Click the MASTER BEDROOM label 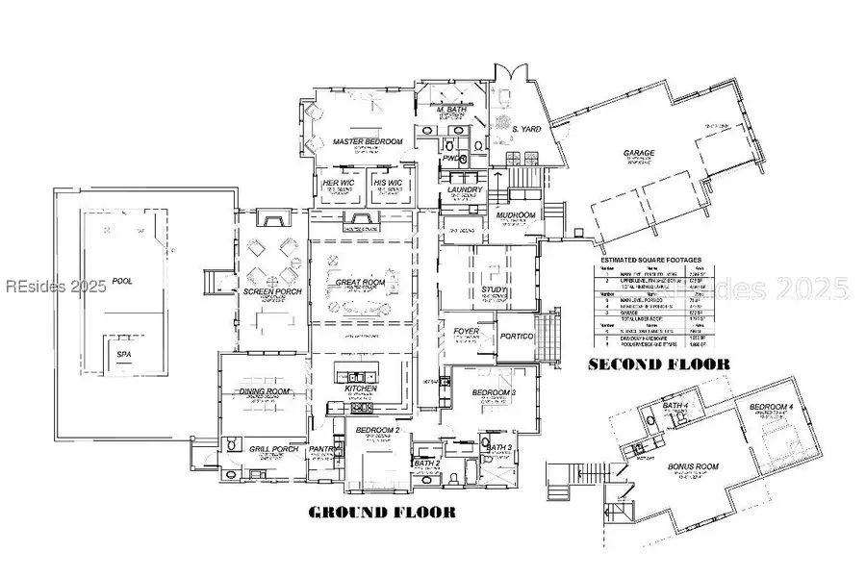pyautogui.click(x=366, y=141)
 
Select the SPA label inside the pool pyautogui.click(x=123, y=354)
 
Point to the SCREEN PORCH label pyautogui.click(x=267, y=290)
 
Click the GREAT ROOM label pyautogui.click(x=360, y=283)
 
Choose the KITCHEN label pyautogui.click(x=360, y=388)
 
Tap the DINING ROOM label pyautogui.click(x=265, y=392)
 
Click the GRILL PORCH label pyautogui.click(x=273, y=449)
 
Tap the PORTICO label pyautogui.click(x=518, y=336)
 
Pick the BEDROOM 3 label pyautogui.click(x=494, y=393)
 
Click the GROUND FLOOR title pyautogui.click(x=381, y=512)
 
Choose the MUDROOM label pyautogui.click(x=516, y=215)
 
